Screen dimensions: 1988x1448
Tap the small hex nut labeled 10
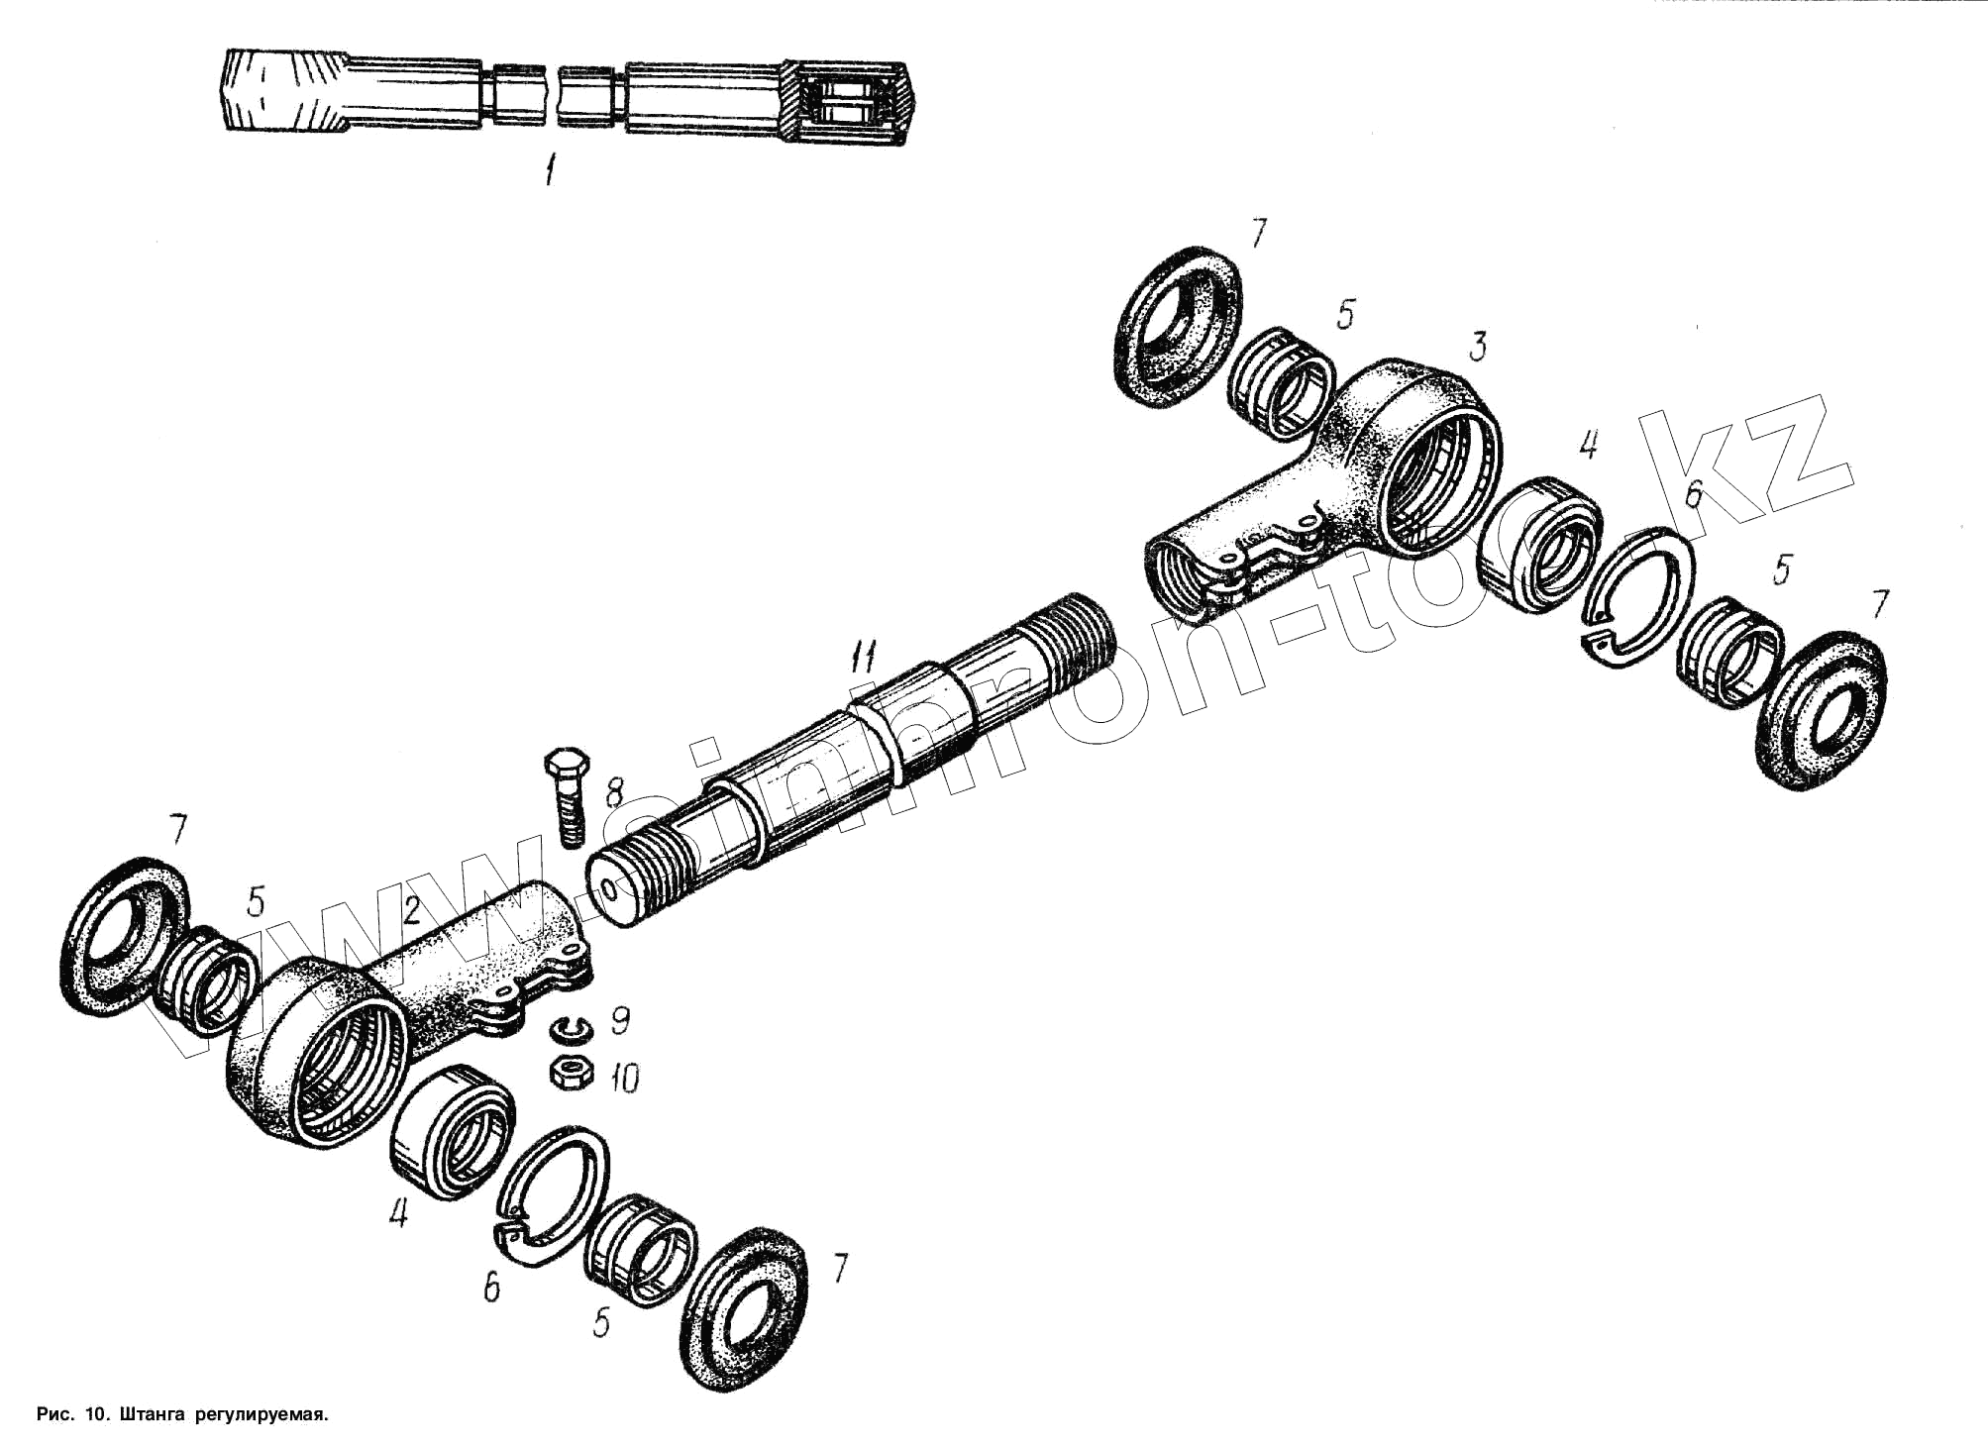tap(572, 1073)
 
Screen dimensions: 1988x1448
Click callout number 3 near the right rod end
tap(1477, 347)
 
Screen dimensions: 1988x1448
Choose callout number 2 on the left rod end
tap(412, 909)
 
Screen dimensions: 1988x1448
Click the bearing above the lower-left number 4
tap(454, 1131)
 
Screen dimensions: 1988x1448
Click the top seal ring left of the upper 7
tap(1176, 328)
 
